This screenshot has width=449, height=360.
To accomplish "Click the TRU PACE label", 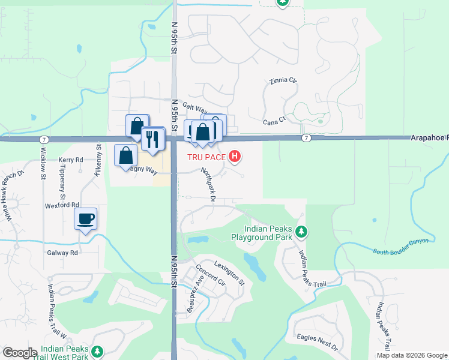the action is (x=209, y=157).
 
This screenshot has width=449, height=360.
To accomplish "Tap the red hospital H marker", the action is (x=235, y=157).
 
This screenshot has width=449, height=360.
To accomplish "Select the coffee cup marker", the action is (x=85, y=218).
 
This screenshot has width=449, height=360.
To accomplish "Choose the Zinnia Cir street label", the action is (x=283, y=80).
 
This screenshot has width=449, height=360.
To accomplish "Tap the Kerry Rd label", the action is (x=70, y=160).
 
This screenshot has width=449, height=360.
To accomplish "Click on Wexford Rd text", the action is (x=62, y=205).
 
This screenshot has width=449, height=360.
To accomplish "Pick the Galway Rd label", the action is (x=62, y=253).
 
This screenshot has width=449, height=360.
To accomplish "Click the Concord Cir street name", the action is (x=209, y=274).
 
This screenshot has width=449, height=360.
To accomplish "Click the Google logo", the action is (x=20, y=353).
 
